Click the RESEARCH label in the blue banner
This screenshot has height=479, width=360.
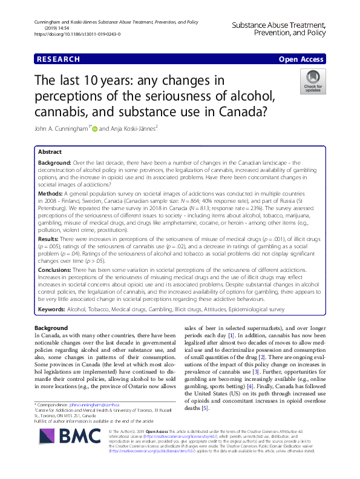(x=58, y=59)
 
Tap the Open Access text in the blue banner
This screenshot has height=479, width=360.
(x=301, y=59)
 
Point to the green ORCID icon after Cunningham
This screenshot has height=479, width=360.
(x=94, y=128)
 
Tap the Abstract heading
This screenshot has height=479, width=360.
(x=50, y=152)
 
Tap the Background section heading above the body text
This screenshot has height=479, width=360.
(x=51, y=328)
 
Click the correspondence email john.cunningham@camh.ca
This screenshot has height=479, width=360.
(x=94, y=404)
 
